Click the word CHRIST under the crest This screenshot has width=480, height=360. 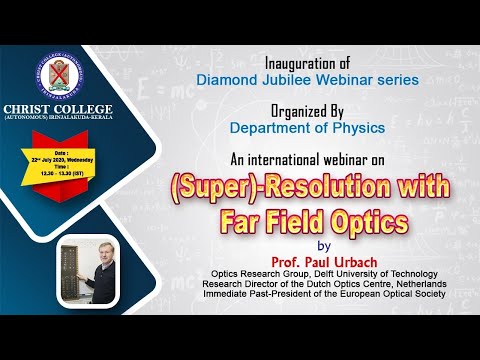click(36, 109)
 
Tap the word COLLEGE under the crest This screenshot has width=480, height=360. click(87, 109)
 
